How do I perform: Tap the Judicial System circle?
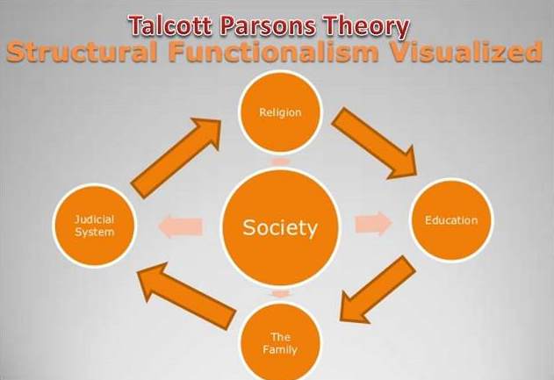click(x=95, y=226)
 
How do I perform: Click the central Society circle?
click(x=278, y=228)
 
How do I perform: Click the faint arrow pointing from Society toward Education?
click(x=373, y=224)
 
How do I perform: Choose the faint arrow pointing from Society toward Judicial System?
click(x=180, y=228)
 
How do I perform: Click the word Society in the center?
click(x=278, y=228)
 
